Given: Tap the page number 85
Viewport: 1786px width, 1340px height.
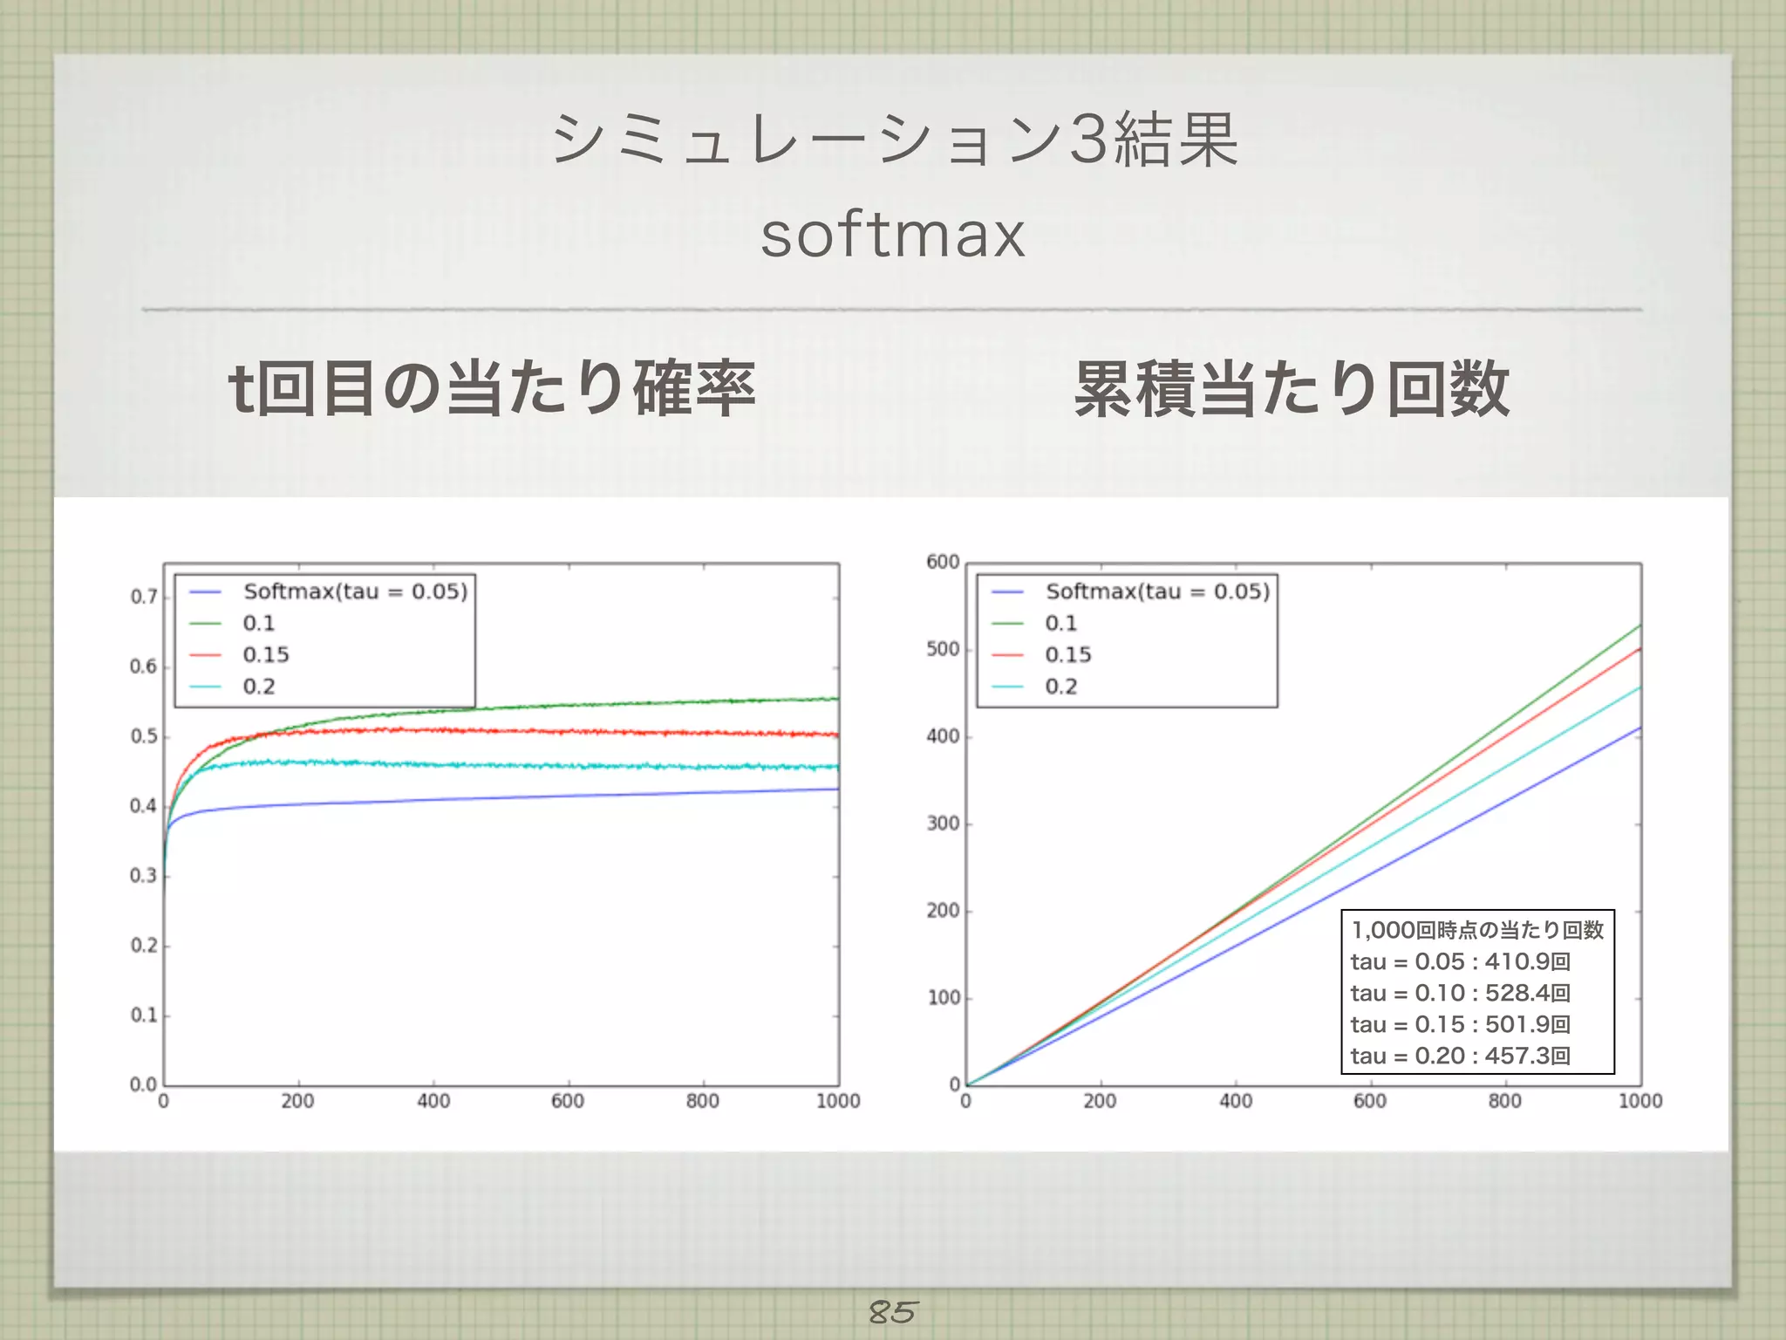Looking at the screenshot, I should click(x=892, y=1311).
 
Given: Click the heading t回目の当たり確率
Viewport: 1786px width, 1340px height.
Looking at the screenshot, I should click(x=491, y=388).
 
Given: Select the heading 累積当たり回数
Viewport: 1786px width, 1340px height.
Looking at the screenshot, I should click(x=1292, y=388).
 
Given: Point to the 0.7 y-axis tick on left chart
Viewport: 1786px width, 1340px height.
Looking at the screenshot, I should click(x=144, y=597).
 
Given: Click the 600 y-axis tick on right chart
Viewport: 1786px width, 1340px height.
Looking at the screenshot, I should click(x=943, y=562).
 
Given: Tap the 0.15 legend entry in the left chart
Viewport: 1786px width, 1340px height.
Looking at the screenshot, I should click(x=265, y=654).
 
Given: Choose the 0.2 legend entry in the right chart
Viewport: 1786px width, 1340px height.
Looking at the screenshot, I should click(x=1060, y=687).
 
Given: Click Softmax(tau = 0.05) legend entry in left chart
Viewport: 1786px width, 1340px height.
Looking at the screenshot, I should click(x=355, y=591).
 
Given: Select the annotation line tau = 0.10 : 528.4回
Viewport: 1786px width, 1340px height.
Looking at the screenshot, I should click(x=1461, y=993).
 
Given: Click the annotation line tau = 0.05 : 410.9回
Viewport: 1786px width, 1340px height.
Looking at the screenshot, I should click(x=1461, y=961).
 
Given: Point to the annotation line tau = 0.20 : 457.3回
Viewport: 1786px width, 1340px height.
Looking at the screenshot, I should click(x=1461, y=1056).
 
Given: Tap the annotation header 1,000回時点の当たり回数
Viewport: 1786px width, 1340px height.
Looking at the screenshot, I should click(x=1477, y=930).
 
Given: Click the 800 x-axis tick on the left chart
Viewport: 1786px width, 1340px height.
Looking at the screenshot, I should click(x=702, y=1101).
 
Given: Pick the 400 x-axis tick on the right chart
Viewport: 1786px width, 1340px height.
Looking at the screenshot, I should click(x=1235, y=1101).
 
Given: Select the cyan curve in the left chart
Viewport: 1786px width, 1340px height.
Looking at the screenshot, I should click(x=523, y=765).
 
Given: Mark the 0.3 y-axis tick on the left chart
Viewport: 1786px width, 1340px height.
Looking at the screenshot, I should click(x=144, y=875).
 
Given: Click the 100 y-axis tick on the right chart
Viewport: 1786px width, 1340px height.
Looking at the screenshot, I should click(x=943, y=997).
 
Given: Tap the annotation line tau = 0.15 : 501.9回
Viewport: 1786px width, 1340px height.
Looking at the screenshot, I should click(x=1461, y=1024).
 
